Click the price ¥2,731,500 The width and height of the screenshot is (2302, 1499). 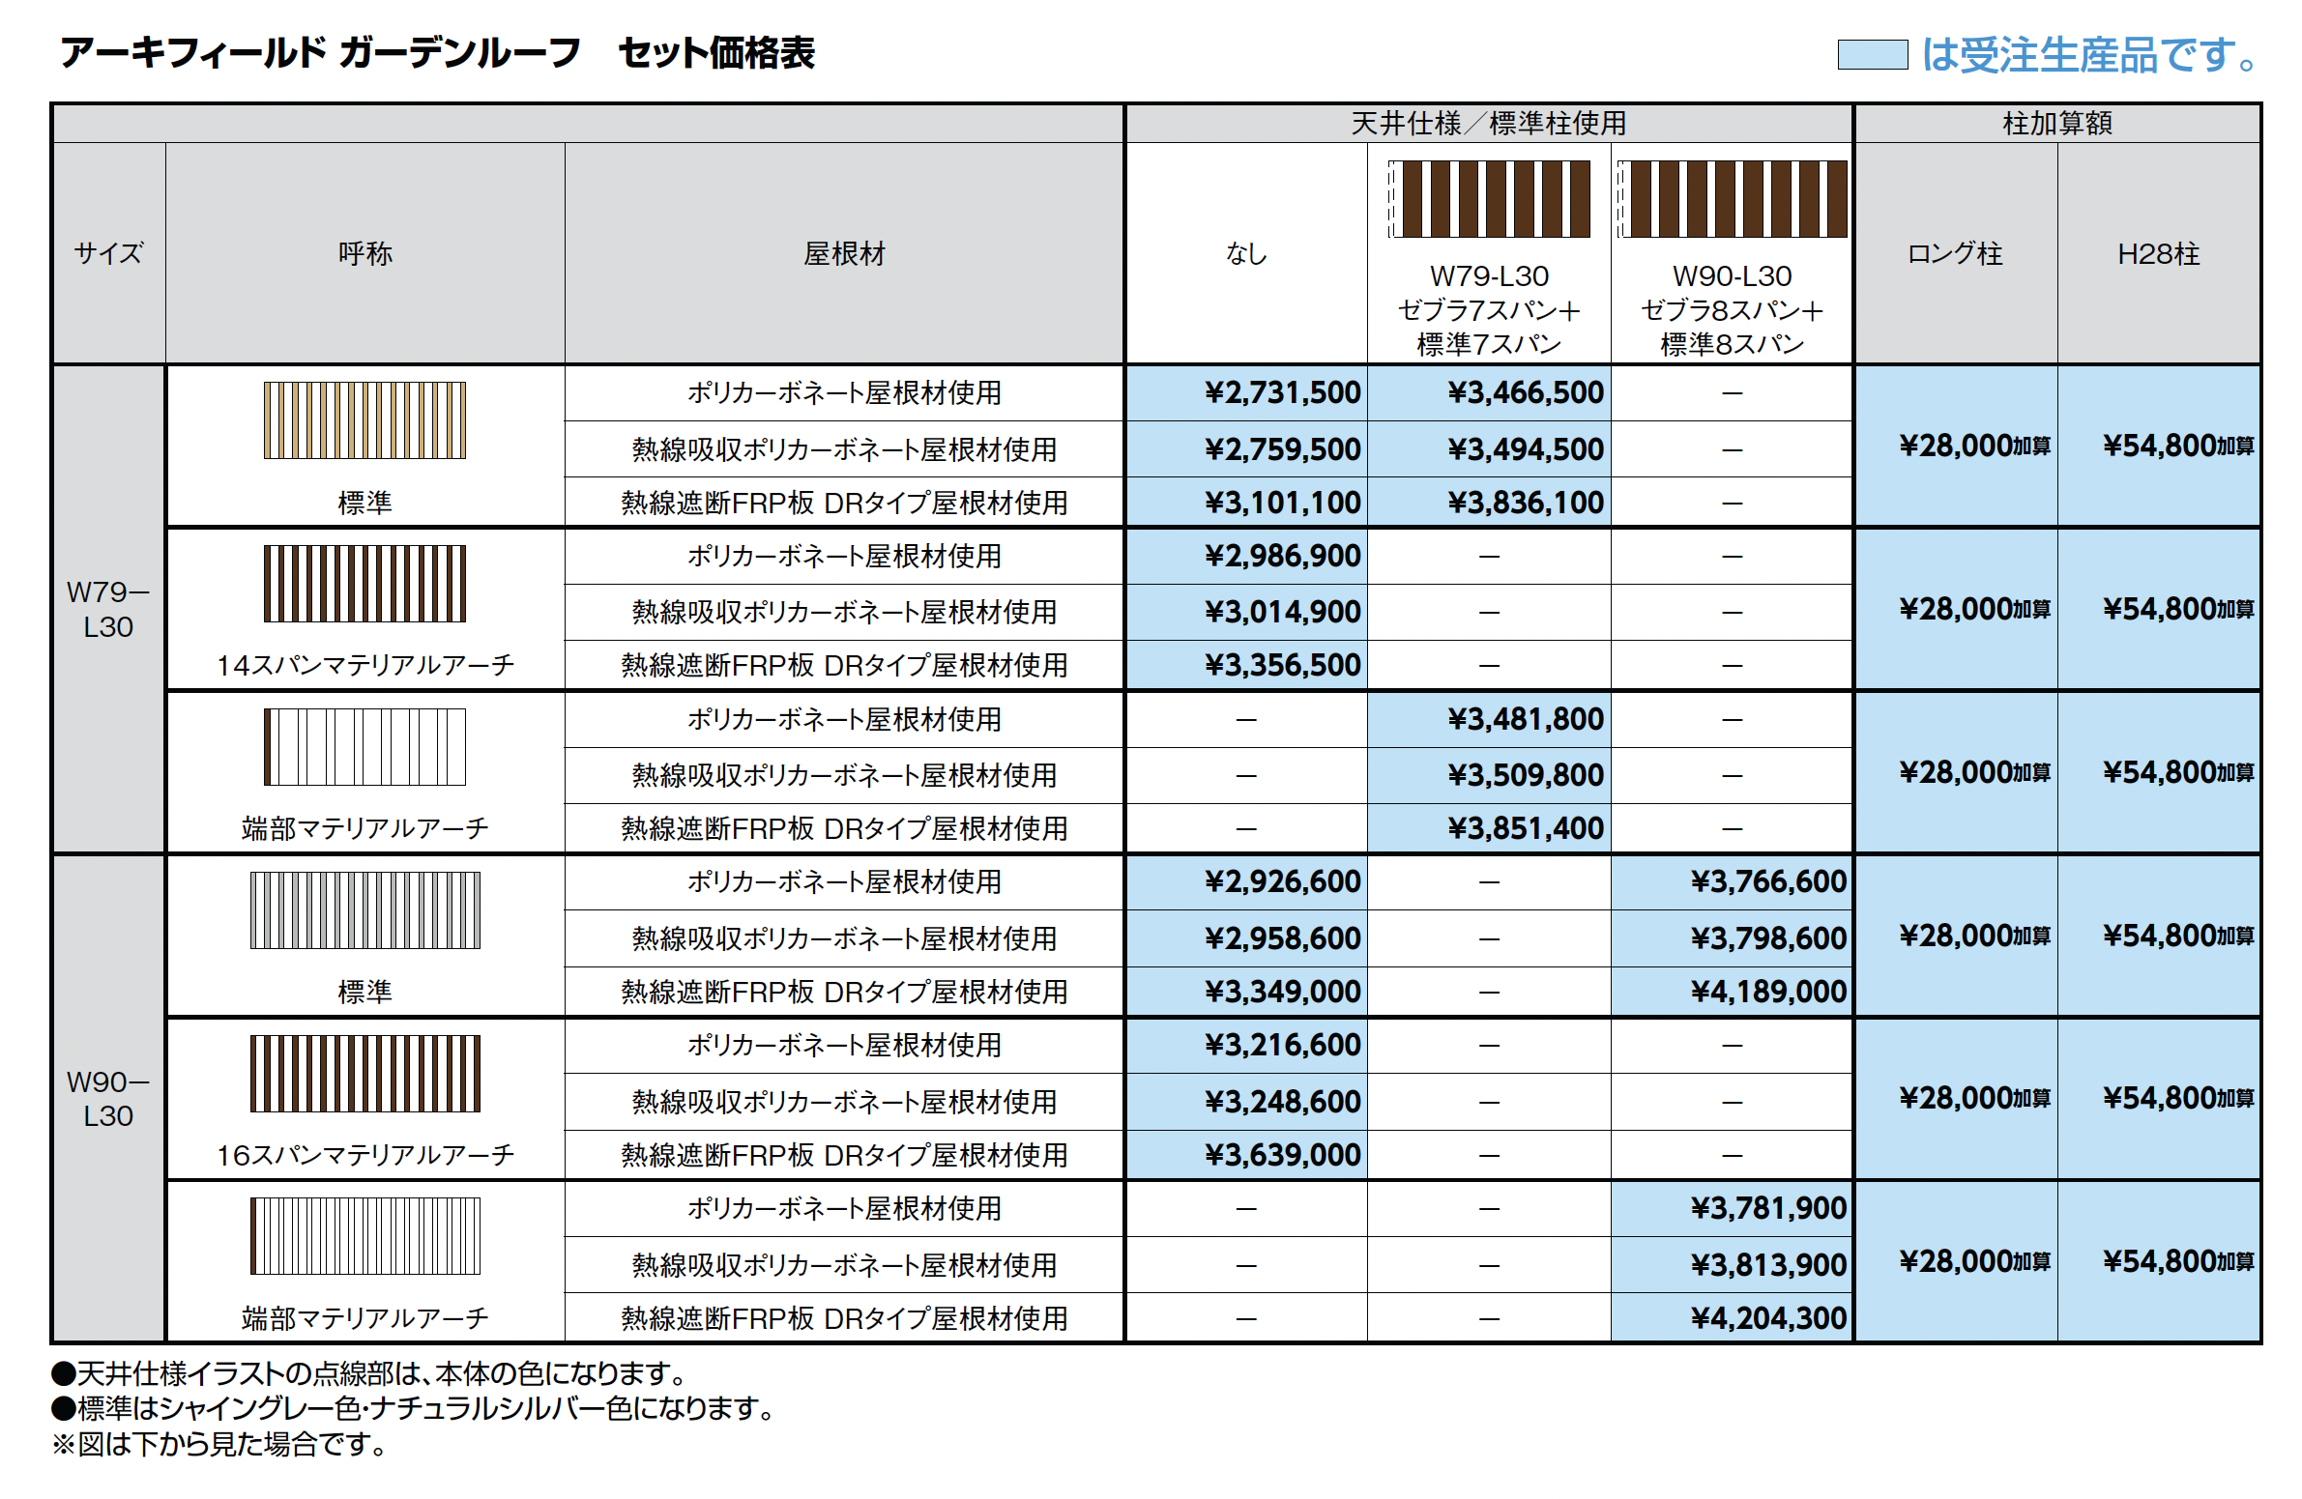[1282, 392]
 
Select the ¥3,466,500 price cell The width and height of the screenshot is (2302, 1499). [1525, 392]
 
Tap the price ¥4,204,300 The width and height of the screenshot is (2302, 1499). [1768, 1318]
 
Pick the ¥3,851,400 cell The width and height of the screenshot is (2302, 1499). [1525, 829]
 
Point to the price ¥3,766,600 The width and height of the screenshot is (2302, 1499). [1768, 882]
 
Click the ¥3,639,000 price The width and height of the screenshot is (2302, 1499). [1282, 1155]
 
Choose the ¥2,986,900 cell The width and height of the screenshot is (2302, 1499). [1282, 556]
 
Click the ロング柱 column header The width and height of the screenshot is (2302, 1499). [1954, 254]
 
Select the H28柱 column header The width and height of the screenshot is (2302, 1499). [2158, 254]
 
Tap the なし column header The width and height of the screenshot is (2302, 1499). [1246, 254]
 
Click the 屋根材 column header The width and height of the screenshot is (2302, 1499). [843, 254]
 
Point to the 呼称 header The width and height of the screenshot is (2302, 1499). [364, 254]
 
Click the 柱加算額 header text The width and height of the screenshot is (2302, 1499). [2056, 124]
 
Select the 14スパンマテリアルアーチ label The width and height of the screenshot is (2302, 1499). [364, 665]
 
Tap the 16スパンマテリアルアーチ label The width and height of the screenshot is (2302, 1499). [364, 1155]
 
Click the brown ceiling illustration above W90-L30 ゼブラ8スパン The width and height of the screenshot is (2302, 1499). [1732, 199]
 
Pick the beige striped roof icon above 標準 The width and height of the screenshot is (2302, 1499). [364, 420]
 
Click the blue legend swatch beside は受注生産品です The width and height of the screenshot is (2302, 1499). [1872, 55]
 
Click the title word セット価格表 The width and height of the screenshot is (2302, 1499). [715, 53]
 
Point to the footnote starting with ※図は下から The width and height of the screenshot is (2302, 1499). [219, 1444]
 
